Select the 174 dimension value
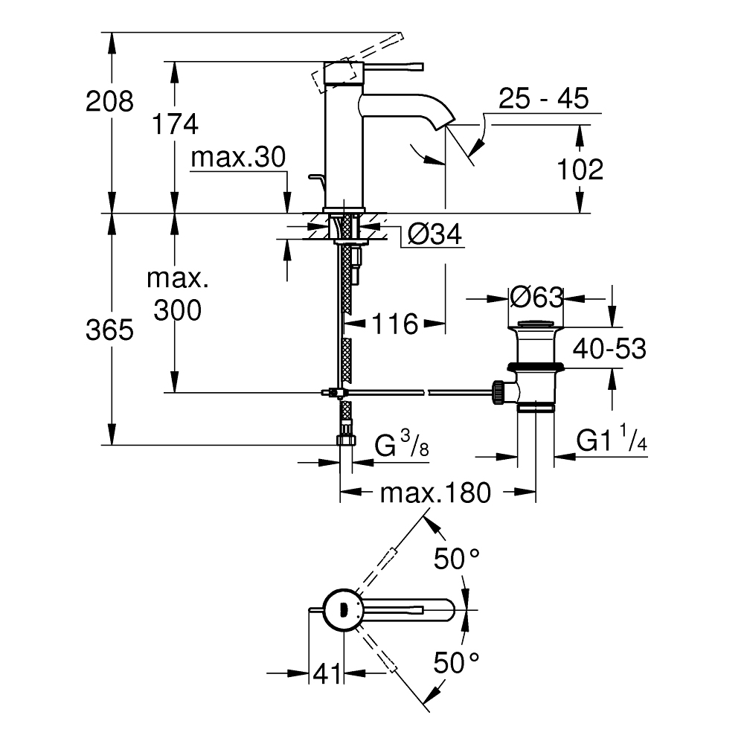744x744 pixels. [x=175, y=124]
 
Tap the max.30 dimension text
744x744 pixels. [x=238, y=158]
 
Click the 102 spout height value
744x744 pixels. [x=580, y=170]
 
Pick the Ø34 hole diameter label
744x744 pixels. [x=434, y=235]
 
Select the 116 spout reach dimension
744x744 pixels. [x=394, y=324]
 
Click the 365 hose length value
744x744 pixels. [x=109, y=330]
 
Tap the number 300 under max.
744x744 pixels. [x=177, y=311]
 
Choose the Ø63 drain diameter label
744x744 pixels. [x=536, y=298]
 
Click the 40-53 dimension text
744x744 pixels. [x=609, y=348]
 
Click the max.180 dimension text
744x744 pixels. [x=435, y=493]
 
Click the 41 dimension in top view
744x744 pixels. [x=326, y=673]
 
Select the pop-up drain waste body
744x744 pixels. [x=536, y=365]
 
